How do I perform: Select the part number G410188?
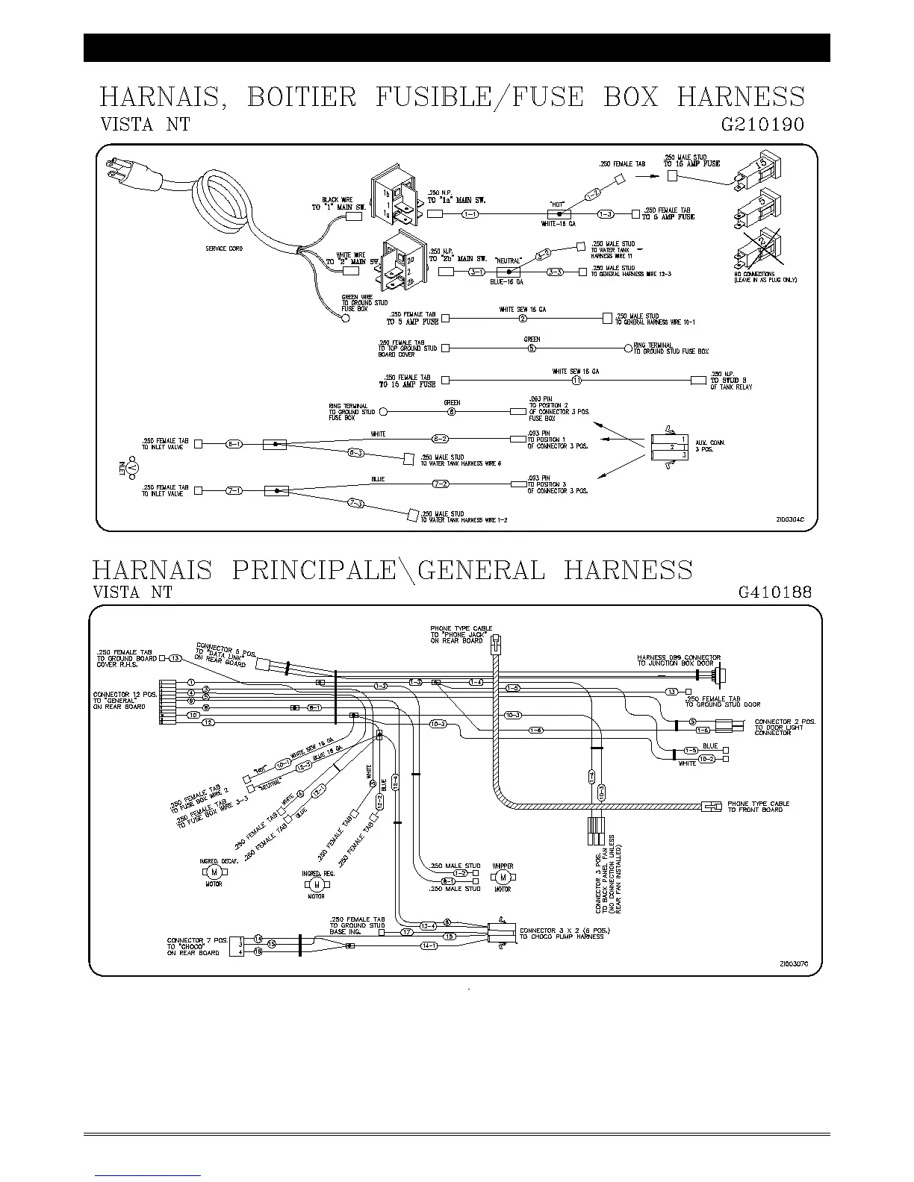coord(774,592)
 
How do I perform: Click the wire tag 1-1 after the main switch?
coord(470,215)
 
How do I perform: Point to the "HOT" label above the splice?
coord(557,203)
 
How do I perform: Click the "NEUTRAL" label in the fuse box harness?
coord(508,261)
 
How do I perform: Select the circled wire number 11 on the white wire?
coord(576,381)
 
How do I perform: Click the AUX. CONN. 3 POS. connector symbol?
coord(668,447)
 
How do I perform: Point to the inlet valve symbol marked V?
coord(132,468)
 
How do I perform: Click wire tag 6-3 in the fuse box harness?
coord(357,453)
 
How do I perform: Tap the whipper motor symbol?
coord(503,876)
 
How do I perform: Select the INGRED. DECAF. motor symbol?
coord(214,872)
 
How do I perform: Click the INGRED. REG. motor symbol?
coord(316,884)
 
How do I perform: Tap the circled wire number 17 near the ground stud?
coord(407,932)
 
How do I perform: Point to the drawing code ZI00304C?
coord(793,521)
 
